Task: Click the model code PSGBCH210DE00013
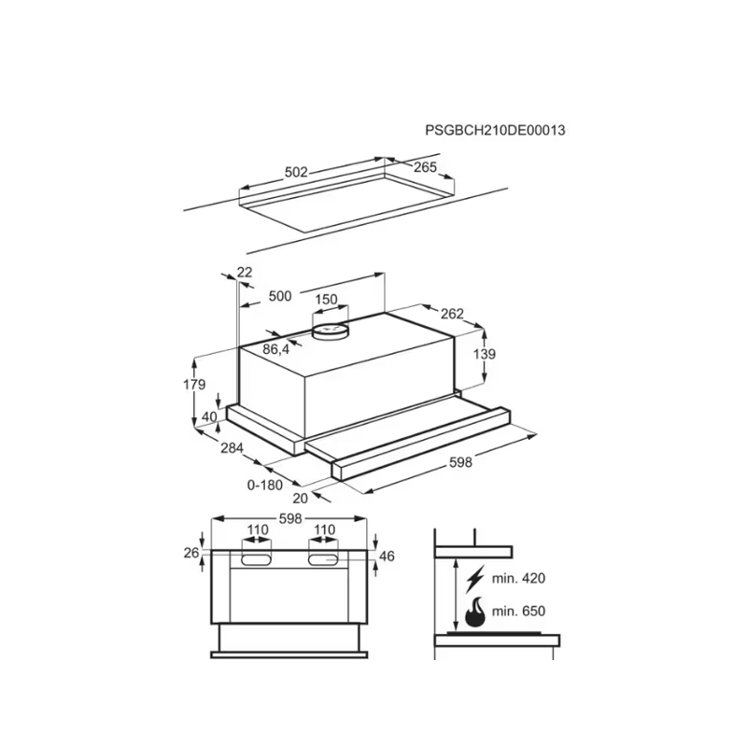coord(495,130)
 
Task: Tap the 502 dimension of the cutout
coord(296,172)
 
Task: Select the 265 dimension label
coord(425,167)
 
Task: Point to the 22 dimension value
coord(245,272)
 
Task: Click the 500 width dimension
coord(280,296)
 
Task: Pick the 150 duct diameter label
coord(326,299)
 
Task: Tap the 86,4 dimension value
coord(275,349)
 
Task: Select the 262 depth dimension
coord(452,314)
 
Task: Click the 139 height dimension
coord(485,354)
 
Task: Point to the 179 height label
coord(194,384)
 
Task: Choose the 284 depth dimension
coord(232,448)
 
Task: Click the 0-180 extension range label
coord(265,485)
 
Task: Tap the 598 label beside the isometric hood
coord(460,462)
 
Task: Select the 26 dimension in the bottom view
coord(191,553)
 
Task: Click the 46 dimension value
coord(387,556)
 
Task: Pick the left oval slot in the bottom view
coord(256,559)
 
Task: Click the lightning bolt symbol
coord(475,578)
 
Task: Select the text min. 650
coord(518,611)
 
